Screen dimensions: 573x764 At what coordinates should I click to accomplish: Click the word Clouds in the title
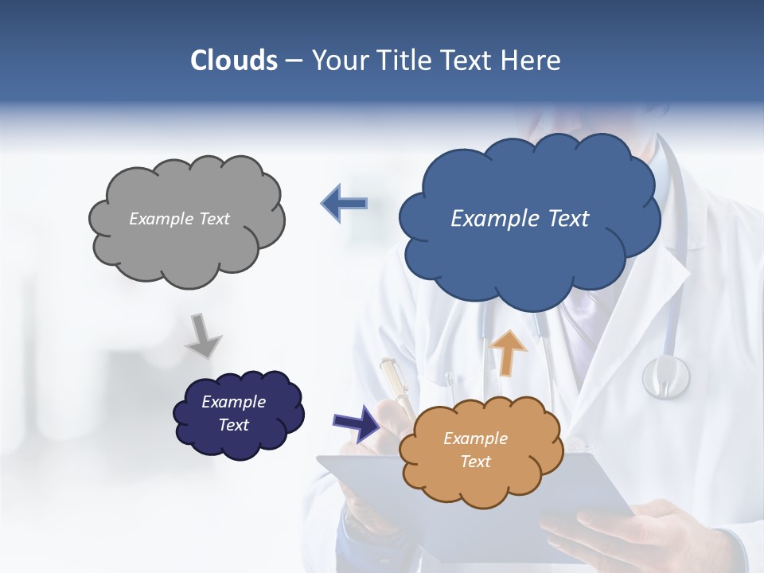234,60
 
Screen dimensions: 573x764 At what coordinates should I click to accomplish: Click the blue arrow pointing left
345,203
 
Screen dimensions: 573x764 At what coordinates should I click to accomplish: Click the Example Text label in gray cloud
179,218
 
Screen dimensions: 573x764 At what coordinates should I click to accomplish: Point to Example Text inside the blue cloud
520,218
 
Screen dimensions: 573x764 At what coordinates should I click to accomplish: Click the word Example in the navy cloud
233,402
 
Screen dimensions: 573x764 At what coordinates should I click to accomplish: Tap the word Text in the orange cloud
476,462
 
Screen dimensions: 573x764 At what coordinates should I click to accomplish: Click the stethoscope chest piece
665,376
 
